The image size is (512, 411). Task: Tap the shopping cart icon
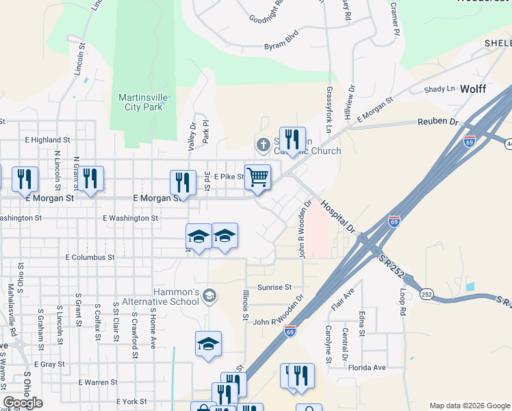(x=257, y=177)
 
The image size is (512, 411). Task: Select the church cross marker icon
(x=262, y=145)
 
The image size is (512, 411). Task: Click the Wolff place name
(x=473, y=89)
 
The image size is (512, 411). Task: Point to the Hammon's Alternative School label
(x=166, y=297)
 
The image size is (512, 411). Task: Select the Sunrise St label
(x=274, y=287)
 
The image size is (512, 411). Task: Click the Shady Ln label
(x=439, y=89)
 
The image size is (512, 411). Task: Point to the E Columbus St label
(x=90, y=258)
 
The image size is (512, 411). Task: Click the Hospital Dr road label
(x=338, y=216)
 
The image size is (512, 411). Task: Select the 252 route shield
(x=427, y=293)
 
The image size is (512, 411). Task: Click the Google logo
(x=23, y=403)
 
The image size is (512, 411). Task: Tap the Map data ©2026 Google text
(x=469, y=406)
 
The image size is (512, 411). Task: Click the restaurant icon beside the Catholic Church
(x=292, y=139)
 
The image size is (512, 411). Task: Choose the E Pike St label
(x=229, y=177)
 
